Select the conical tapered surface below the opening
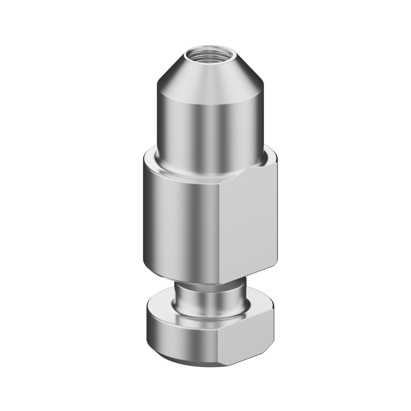pyautogui.click(x=209, y=82)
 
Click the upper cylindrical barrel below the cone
pyautogui.click(x=209, y=129)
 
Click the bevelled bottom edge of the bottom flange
pyautogui.click(x=183, y=361)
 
